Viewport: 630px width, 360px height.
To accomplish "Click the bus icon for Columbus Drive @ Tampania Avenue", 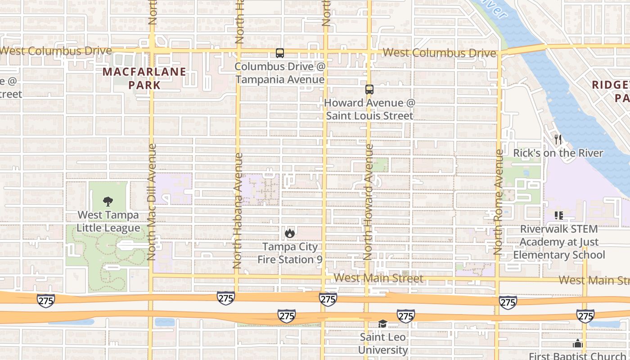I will pos(280,53).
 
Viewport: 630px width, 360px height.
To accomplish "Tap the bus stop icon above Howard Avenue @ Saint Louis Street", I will pos(369,90).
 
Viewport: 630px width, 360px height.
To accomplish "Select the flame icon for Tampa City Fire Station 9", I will pos(290,233).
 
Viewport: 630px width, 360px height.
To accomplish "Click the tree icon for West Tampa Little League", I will pos(108,201).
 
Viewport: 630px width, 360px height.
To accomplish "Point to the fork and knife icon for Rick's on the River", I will pos(558,139).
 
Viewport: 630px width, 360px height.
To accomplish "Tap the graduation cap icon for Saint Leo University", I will pos(382,324).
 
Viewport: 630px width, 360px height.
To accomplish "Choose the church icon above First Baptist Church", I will pos(578,344).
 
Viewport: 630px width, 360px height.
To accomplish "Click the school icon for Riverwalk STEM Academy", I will pos(559,216).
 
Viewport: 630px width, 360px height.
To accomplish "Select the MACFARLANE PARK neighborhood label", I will pos(144,78).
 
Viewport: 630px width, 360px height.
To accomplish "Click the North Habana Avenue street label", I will pos(238,211).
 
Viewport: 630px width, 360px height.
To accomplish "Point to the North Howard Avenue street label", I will pos(368,202).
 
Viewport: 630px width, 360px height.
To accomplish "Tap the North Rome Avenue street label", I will pos(499,202).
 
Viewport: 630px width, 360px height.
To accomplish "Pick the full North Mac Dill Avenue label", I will pos(151,202).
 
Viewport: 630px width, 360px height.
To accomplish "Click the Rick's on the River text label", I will pos(558,153).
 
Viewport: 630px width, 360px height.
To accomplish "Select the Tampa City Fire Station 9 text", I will pos(290,253).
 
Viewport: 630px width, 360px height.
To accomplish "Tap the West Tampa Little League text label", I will pos(108,221).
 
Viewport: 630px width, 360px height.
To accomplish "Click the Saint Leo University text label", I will pos(383,343).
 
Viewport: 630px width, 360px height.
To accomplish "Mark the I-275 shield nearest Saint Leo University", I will pos(405,316).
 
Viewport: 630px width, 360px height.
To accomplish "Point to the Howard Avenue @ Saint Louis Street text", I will pos(369,109).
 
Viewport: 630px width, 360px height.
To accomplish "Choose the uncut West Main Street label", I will pos(378,278).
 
